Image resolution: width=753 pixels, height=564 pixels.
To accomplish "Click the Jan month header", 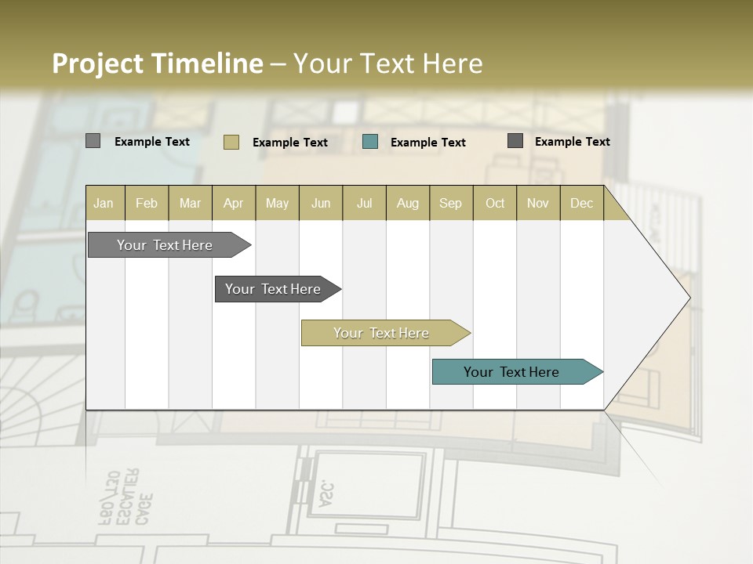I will pyautogui.click(x=104, y=203).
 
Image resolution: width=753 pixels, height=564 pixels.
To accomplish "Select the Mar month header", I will pyautogui.click(x=190, y=203).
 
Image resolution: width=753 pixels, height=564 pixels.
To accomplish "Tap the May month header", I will pyautogui.click(x=277, y=203).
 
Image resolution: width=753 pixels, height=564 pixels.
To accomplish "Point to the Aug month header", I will pyautogui.click(x=407, y=203).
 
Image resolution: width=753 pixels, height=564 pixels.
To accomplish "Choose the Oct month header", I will pyautogui.click(x=495, y=203).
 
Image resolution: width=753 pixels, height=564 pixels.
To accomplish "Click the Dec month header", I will pyautogui.click(x=581, y=203).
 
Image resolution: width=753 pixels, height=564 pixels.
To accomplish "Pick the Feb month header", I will pyautogui.click(x=147, y=203).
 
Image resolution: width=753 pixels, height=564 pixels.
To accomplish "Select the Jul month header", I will pyautogui.click(x=364, y=203).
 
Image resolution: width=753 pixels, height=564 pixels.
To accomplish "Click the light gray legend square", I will pyautogui.click(x=93, y=141).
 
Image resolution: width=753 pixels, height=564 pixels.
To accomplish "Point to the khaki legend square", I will pyautogui.click(x=231, y=142).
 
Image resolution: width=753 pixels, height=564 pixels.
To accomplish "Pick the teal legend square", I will pyautogui.click(x=370, y=141).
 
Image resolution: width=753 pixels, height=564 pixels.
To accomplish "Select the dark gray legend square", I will pyautogui.click(x=515, y=141).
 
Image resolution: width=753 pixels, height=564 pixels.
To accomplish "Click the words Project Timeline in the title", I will pyautogui.click(x=158, y=63).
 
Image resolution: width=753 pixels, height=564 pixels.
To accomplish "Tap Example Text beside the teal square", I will pyautogui.click(x=428, y=142).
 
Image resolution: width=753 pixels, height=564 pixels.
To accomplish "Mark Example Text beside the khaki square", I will pyautogui.click(x=290, y=142).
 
